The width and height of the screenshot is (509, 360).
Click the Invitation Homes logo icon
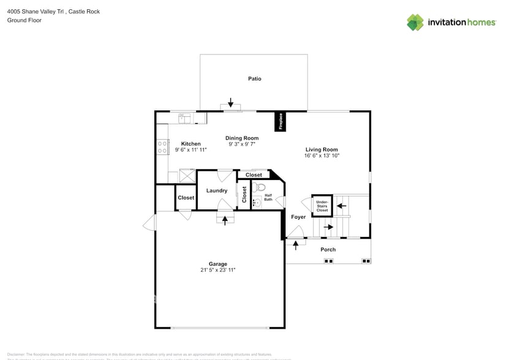[415, 22]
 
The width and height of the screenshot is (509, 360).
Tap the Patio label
[254, 78]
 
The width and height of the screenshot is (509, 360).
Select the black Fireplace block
[281, 121]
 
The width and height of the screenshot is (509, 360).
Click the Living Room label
[322, 149]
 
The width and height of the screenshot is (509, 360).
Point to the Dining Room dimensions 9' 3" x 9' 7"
[241, 144]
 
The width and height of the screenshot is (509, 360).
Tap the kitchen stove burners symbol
[163, 147]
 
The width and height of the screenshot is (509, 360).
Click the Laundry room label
[217, 190]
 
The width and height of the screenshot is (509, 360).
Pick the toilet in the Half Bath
[259, 187]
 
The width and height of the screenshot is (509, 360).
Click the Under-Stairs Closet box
[322, 206]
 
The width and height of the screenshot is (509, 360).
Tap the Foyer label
[298, 217]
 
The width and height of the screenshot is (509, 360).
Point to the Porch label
[328, 249]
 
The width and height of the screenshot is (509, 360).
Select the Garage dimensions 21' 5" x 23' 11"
[217, 270]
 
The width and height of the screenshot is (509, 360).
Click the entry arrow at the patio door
[230, 102]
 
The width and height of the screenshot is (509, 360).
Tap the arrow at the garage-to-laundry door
[225, 220]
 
